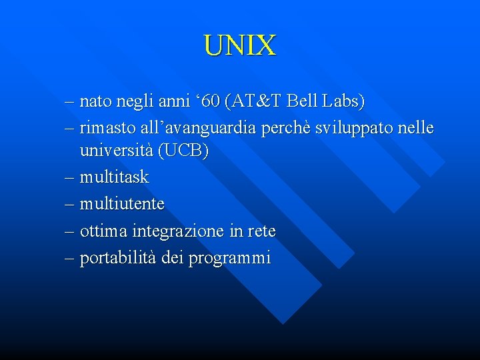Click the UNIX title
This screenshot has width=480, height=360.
tap(239, 45)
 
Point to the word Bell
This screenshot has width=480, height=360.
tap(305, 102)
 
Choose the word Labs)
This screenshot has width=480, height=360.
tap(344, 102)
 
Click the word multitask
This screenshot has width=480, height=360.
tap(114, 177)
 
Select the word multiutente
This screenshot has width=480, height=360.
tap(121, 203)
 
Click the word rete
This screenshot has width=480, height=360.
tap(261, 231)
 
